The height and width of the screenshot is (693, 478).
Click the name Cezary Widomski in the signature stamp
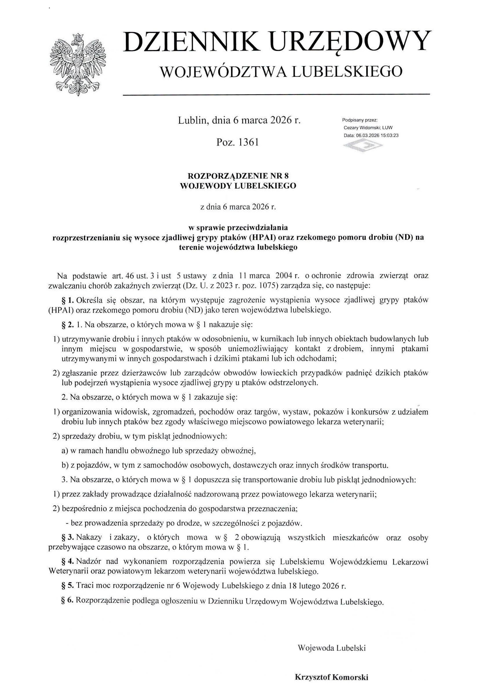pyautogui.click(x=362, y=128)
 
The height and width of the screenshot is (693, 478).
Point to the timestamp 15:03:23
pyautogui.click(x=389, y=135)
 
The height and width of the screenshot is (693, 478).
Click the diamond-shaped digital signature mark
pyautogui.click(x=363, y=146)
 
